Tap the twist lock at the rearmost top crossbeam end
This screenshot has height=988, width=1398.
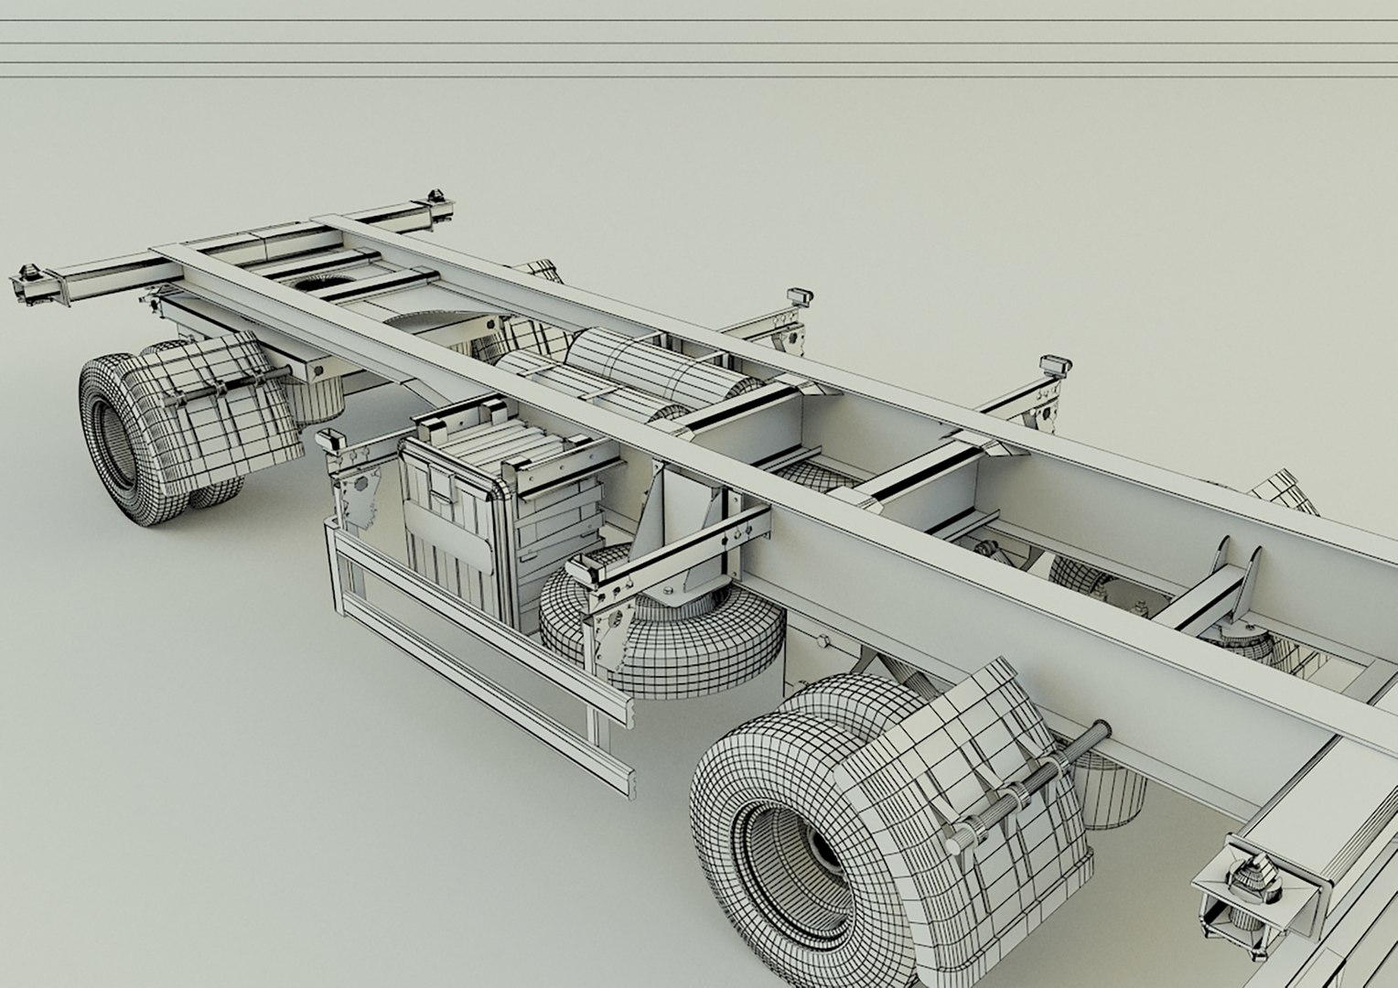[x=436, y=202]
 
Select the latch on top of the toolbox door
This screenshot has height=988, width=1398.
[x=444, y=486]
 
